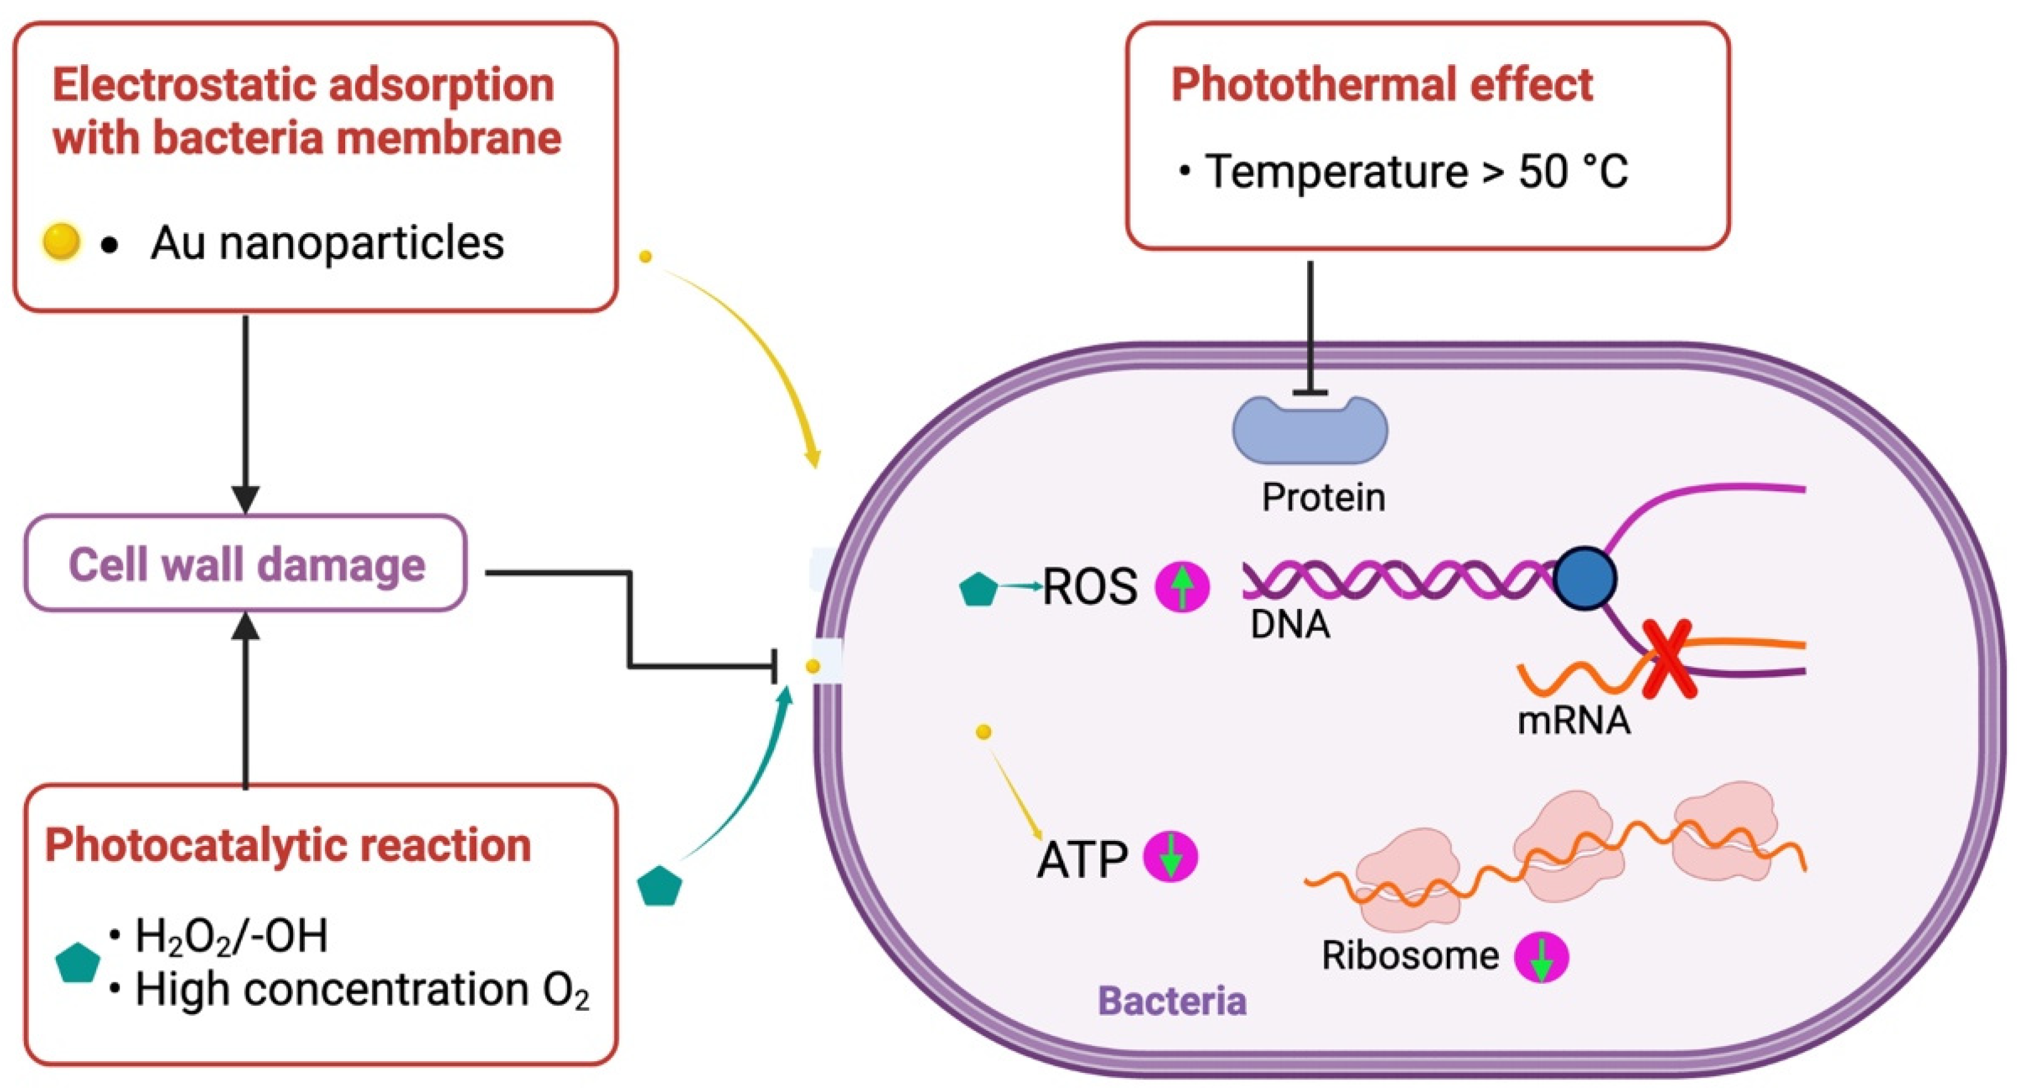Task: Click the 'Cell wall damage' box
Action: click(x=245, y=563)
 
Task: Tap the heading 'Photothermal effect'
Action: click(x=1381, y=84)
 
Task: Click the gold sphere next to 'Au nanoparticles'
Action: click(x=60, y=241)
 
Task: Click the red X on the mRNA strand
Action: click(x=1669, y=659)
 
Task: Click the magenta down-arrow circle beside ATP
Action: click(x=1171, y=857)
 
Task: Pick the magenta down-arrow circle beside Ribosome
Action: click(x=1541, y=957)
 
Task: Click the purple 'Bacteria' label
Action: click(x=1171, y=1001)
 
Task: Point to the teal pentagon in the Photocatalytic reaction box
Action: click(x=77, y=963)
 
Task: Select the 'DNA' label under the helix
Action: click(x=1290, y=625)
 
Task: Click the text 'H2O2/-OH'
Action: click(x=231, y=936)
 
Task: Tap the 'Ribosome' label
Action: click(x=1410, y=955)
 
